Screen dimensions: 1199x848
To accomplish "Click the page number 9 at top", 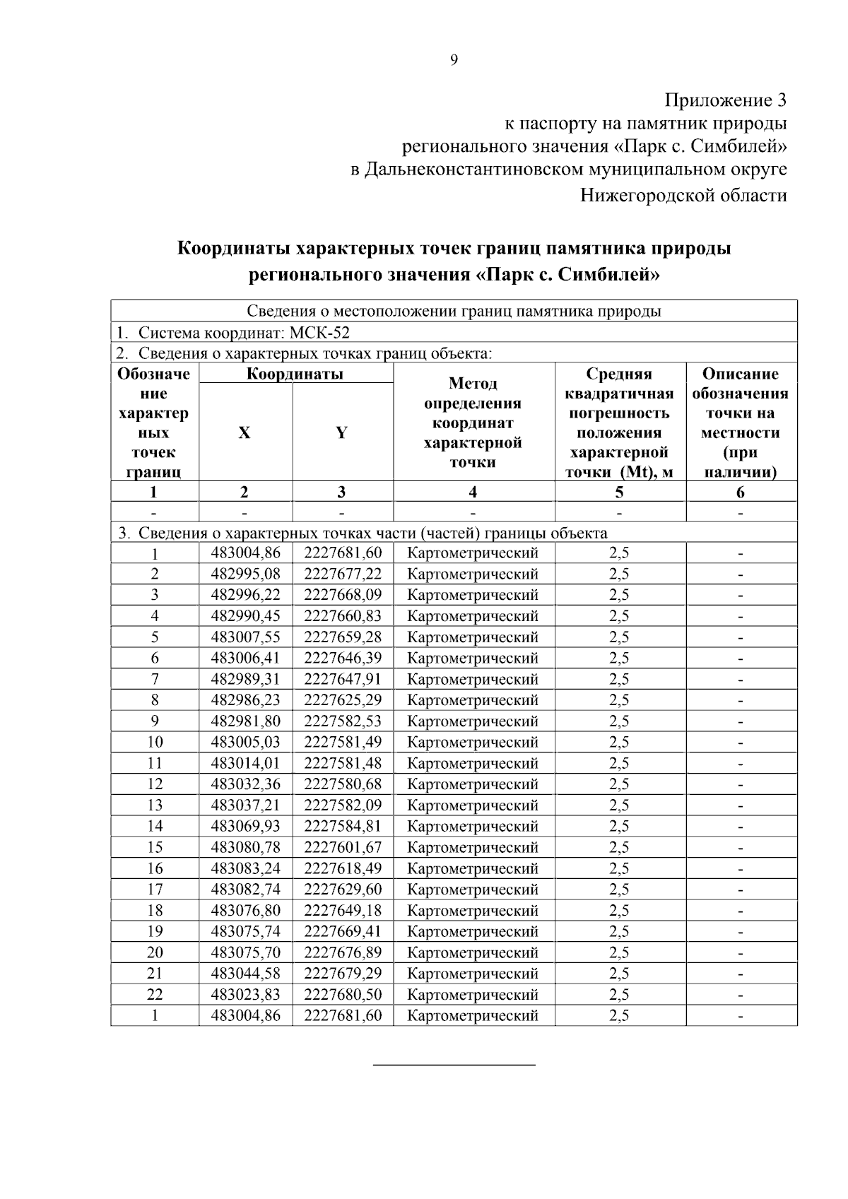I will [x=454, y=61].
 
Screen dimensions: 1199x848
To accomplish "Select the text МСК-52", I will [x=320, y=333].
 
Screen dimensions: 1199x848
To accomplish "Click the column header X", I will [x=245, y=433].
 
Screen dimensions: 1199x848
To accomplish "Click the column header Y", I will [x=341, y=433].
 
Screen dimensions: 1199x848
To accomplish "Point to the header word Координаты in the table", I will [x=295, y=374].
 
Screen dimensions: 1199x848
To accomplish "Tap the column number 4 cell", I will [x=473, y=492].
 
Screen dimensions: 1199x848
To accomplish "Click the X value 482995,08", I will [x=245, y=574].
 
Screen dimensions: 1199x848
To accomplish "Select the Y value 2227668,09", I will [x=343, y=595].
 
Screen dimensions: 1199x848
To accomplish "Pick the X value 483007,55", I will [x=245, y=637].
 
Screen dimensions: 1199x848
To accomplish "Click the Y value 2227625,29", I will [x=343, y=700].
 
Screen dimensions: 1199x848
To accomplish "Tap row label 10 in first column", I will [x=155, y=743].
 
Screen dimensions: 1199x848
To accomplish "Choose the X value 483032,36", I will [x=245, y=784].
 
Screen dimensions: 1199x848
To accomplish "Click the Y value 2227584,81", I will [x=343, y=827].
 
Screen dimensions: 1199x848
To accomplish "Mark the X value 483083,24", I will [x=245, y=868].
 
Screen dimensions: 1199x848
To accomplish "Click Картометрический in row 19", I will [x=473, y=932].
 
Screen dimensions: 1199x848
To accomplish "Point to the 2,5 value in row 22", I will [x=619, y=995].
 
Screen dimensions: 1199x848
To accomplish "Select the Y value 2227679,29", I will [x=343, y=974].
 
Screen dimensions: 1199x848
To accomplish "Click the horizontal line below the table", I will [x=454, y=1064].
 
